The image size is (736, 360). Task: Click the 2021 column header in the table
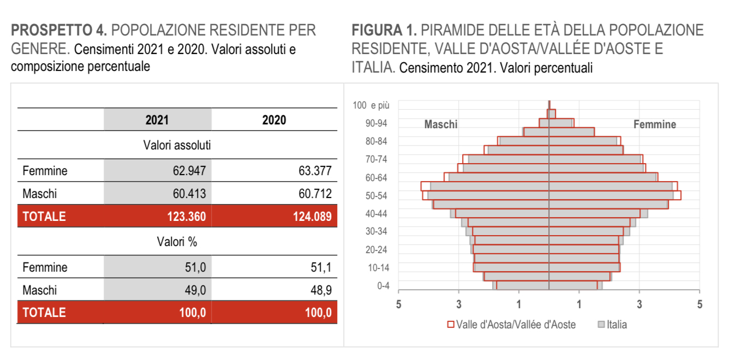(x=157, y=120)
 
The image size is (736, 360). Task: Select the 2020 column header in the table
(x=274, y=120)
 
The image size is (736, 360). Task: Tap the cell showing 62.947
(x=189, y=171)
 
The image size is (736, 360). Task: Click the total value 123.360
(x=187, y=217)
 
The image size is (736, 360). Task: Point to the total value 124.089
(x=312, y=217)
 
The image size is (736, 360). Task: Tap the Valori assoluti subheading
(x=177, y=146)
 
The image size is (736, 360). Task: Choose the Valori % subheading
(x=177, y=242)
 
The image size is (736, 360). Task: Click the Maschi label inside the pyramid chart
(x=441, y=124)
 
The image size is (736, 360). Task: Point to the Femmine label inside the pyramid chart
(x=654, y=124)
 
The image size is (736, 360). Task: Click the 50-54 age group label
(x=376, y=196)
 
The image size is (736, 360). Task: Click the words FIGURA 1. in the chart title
(x=384, y=31)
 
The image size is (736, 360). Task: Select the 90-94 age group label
(x=376, y=124)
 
